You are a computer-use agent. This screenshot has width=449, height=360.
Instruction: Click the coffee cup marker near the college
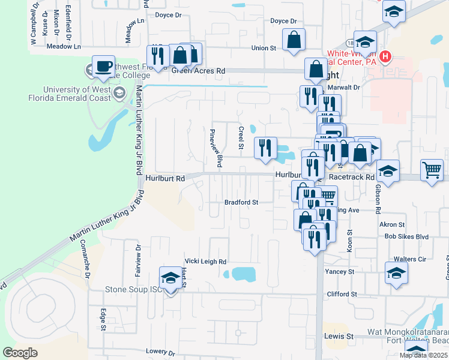103,66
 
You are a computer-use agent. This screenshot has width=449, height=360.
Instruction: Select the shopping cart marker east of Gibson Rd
432,170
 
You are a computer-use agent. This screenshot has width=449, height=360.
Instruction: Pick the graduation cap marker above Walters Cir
396,274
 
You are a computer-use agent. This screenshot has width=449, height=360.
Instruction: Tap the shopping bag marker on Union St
294,41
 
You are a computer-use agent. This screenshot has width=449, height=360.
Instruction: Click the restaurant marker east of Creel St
265,148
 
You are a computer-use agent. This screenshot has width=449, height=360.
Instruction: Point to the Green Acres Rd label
198,71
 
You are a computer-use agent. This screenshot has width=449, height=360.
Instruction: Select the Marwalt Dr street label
345,87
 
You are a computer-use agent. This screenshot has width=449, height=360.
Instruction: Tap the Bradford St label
241,203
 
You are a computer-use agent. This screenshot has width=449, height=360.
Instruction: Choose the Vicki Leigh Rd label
205,262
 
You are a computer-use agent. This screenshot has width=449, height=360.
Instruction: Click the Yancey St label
339,272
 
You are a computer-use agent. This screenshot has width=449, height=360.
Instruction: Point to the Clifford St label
342,295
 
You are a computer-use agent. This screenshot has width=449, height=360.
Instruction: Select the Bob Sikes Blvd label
407,237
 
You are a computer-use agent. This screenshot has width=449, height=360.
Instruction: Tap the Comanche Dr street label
87,267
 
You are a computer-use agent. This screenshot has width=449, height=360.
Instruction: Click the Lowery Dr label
160,352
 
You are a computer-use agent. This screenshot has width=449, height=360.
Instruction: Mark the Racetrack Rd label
351,178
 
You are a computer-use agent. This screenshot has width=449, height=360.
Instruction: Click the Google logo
20,353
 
